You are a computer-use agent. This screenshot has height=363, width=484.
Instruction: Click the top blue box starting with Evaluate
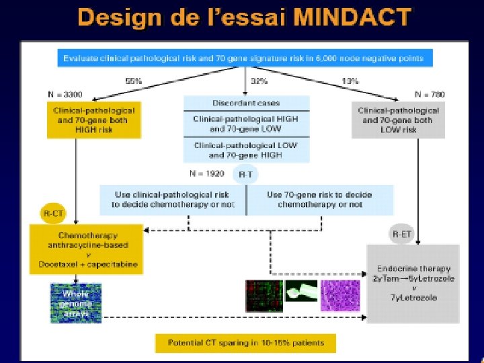click(x=244, y=58)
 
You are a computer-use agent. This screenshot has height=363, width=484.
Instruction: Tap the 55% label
click(x=134, y=81)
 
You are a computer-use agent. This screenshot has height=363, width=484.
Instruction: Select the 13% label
click(x=350, y=81)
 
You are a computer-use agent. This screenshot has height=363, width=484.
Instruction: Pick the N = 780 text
click(x=429, y=93)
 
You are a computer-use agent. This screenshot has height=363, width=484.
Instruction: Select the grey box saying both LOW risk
click(x=399, y=120)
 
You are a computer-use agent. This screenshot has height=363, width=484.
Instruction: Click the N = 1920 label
click(x=206, y=173)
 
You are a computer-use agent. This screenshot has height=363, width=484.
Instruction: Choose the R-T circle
click(x=246, y=175)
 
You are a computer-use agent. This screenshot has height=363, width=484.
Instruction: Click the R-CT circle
click(x=53, y=214)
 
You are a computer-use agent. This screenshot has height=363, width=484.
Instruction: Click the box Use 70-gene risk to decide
click(x=319, y=199)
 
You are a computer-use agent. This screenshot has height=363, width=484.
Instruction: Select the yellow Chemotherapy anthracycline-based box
click(x=86, y=250)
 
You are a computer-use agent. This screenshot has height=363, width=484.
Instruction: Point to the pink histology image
click(x=340, y=296)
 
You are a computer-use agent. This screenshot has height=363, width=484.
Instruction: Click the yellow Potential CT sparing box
click(x=245, y=342)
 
